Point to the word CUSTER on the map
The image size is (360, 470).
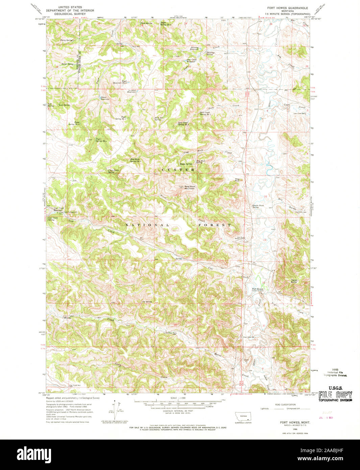pos(178,170)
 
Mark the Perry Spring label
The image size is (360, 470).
pos(66,40)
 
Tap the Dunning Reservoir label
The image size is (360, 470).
pos(194,48)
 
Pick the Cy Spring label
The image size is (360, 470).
pos(147,302)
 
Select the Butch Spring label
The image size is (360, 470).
pos(67,64)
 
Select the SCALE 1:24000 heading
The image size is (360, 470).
pos(178,398)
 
